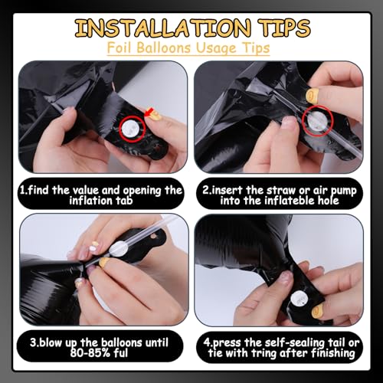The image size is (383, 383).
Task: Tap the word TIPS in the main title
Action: coord(284,28)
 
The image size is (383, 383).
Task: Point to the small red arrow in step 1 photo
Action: coord(149,113)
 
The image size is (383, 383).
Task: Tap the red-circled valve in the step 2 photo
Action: coord(317,120)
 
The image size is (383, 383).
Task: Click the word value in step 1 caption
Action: coord(86,190)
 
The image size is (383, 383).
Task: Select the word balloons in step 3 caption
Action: coord(122,342)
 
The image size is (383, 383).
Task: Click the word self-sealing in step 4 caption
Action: coord(284,343)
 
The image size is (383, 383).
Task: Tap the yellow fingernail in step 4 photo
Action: coord(317,311)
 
